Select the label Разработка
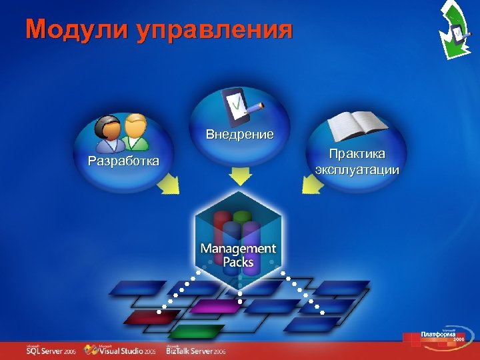(x=123, y=161)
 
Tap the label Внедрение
(x=239, y=134)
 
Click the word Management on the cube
(x=238, y=248)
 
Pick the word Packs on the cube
(x=238, y=262)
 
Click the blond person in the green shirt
(x=136, y=131)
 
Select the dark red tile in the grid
(x=143, y=317)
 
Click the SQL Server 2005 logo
(x=51, y=349)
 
